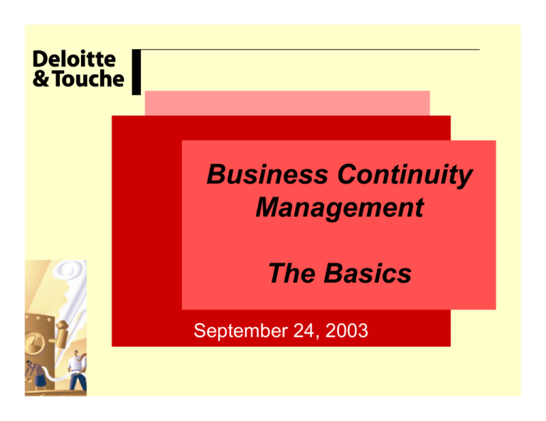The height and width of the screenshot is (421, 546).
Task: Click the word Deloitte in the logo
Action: (74, 59)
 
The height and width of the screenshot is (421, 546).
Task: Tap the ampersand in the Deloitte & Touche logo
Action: (41, 79)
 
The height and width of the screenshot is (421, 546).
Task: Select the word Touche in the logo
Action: (89, 79)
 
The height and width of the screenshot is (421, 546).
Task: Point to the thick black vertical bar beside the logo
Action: (136, 72)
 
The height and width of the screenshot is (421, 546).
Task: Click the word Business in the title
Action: (267, 174)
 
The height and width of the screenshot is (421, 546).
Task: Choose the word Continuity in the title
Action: (405, 175)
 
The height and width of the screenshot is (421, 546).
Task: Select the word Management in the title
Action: (340, 207)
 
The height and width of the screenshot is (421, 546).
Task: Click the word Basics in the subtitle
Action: (368, 273)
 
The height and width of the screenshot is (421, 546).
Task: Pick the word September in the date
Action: (241, 331)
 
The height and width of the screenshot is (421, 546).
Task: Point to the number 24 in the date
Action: (304, 330)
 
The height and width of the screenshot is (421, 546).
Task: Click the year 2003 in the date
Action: (346, 330)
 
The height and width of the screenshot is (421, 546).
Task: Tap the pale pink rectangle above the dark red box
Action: (287, 103)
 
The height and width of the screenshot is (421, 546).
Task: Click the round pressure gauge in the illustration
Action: (34, 343)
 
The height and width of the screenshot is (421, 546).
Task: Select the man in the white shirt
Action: (77, 371)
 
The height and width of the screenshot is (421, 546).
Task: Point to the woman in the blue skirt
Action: (36, 376)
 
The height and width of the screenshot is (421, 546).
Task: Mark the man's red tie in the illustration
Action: (84, 355)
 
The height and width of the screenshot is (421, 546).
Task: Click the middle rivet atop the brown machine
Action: (37, 318)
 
